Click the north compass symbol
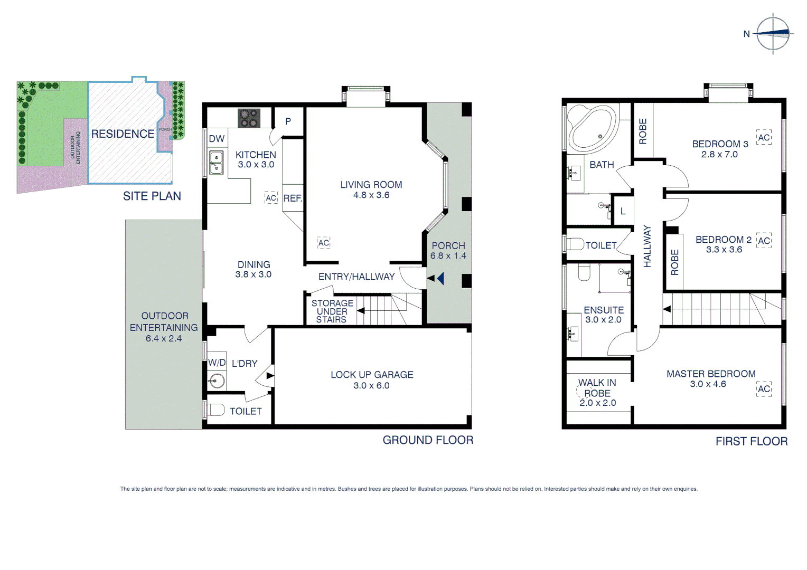pyautogui.click(x=773, y=33)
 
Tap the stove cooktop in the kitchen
pyautogui.click(x=249, y=118)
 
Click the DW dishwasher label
pyautogui.click(x=217, y=139)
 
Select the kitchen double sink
pyautogui.click(x=217, y=163)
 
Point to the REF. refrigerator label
pyautogui.click(x=293, y=198)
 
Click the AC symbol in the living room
pyautogui.click(x=323, y=243)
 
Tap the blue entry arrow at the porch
pyautogui.click(x=440, y=278)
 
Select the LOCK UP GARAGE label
pyautogui.click(x=372, y=375)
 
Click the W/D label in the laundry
pyautogui.click(x=217, y=363)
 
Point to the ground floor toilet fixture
pyautogui.click(x=215, y=410)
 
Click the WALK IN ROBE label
pyautogui.click(x=597, y=388)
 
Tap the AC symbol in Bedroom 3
pyautogui.click(x=764, y=138)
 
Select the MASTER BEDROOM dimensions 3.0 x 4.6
pyautogui.click(x=708, y=384)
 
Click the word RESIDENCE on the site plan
pyautogui.click(x=123, y=134)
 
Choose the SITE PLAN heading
pyautogui.click(x=152, y=196)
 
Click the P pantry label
pyautogui.click(x=288, y=121)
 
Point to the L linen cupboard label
pyautogui.click(x=623, y=211)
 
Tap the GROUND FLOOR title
pyautogui.click(x=428, y=440)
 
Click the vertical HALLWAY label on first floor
pyautogui.click(x=648, y=246)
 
